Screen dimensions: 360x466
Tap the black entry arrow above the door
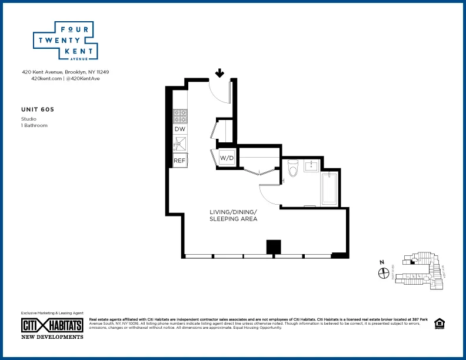[219, 73]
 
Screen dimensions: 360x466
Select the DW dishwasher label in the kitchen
[180, 128]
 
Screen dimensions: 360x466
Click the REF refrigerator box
[180, 160]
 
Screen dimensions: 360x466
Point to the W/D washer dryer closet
[227, 158]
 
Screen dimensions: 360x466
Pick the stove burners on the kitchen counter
[180, 115]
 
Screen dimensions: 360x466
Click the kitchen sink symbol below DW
[180, 144]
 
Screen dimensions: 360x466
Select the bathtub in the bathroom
[329, 188]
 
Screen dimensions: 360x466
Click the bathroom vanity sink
[311, 165]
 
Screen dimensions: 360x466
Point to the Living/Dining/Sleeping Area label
[234, 215]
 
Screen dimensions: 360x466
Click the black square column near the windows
[273, 246]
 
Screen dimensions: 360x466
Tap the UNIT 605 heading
[38, 109]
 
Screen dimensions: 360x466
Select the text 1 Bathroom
[34, 125]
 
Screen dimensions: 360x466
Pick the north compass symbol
[383, 272]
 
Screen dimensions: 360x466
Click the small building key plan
[419, 271]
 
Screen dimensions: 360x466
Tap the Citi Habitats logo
[52, 325]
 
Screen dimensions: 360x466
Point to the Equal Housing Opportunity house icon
[438, 323]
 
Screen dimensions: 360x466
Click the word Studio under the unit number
[28, 119]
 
